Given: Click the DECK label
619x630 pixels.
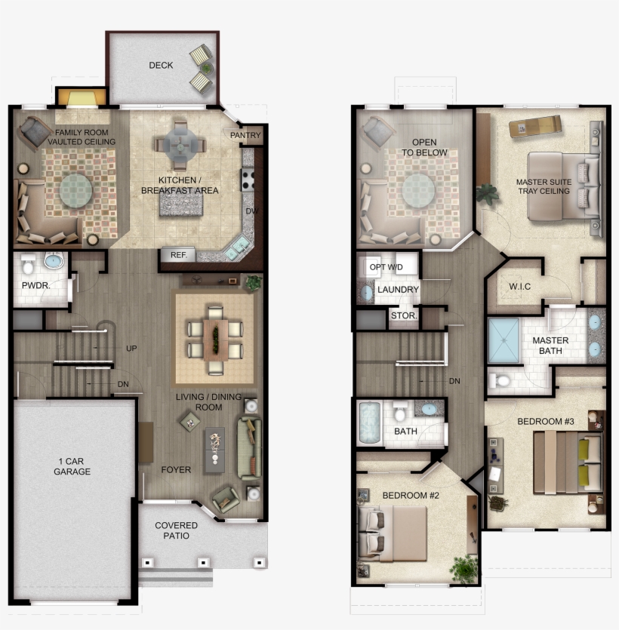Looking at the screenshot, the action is (161, 65).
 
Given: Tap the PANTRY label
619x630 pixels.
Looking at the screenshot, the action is (245, 135).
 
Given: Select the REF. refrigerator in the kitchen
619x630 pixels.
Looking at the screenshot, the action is (177, 255).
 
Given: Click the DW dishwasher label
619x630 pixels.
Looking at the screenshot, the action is (252, 211).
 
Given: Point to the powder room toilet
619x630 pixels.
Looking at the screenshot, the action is (28, 263).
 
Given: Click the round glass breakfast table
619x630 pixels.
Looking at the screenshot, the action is (180, 145).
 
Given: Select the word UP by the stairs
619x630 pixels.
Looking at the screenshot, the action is (131, 349).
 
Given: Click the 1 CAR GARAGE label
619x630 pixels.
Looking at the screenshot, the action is (72, 466).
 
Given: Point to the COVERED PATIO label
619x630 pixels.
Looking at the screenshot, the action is (176, 530).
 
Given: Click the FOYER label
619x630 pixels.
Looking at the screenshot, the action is (176, 470).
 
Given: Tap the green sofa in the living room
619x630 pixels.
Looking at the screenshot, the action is (249, 448).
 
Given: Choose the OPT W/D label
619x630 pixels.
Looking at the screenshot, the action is (386, 267).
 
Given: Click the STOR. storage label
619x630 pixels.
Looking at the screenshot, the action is (404, 316).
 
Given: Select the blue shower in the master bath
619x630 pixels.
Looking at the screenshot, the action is (504, 341).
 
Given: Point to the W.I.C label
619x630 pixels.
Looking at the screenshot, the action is (519, 287).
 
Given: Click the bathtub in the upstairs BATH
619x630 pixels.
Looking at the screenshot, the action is (369, 423).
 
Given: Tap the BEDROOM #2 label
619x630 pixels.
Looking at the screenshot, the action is (411, 496).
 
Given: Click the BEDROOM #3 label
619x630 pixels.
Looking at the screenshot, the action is (546, 422).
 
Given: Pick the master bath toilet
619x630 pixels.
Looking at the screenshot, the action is (500, 380).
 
